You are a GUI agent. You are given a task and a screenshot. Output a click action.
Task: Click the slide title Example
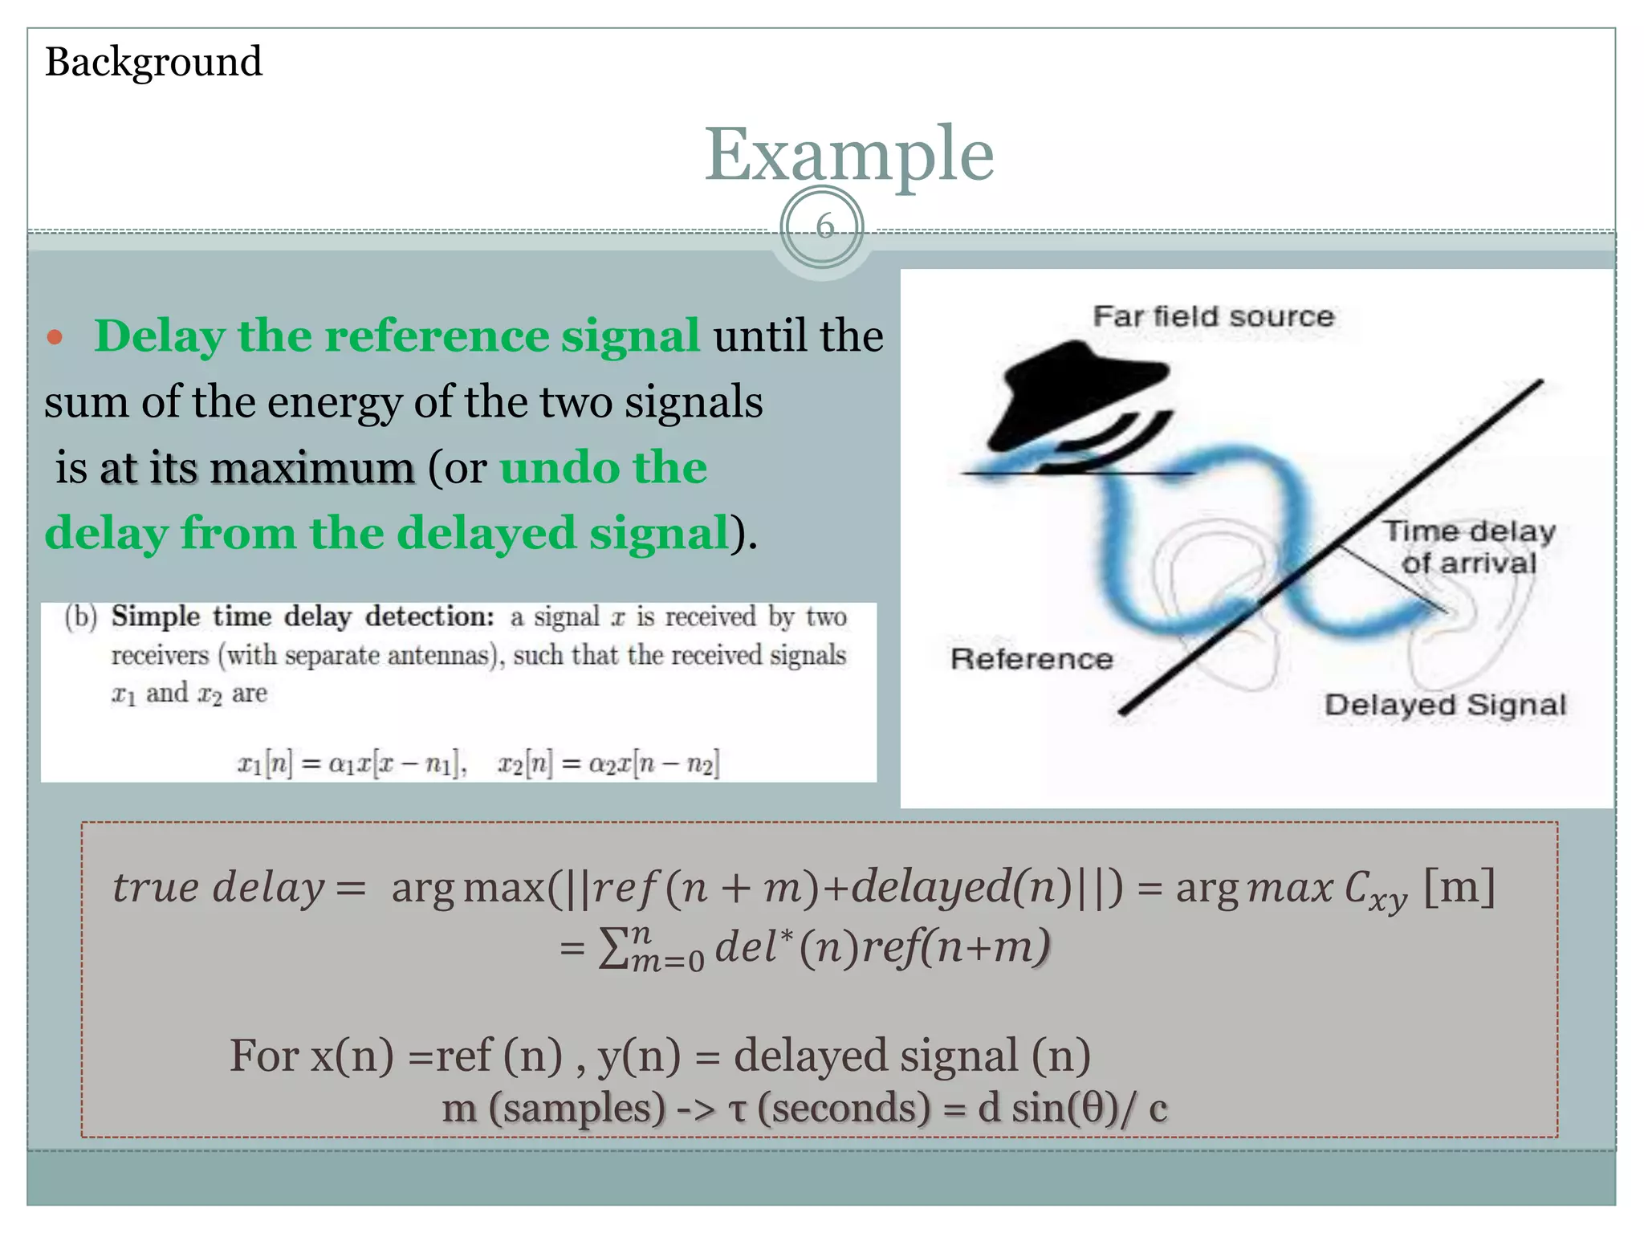pyautogui.click(x=848, y=154)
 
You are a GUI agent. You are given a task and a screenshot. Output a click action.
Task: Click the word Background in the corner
pyautogui.click(x=153, y=62)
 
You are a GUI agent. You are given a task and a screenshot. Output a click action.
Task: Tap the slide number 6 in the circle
pyautogui.click(x=824, y=227)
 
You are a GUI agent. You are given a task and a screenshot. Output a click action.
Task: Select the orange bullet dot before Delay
pyautogui.click(x=55, y=337)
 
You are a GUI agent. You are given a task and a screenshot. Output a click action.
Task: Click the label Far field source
pyautogui.click(x=1213, y=316)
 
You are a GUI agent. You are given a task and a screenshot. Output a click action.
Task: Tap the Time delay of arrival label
pyautogui.click(x=1469, y=547)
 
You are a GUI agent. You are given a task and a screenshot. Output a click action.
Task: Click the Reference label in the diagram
pyautogui.click(x=1032, y=659)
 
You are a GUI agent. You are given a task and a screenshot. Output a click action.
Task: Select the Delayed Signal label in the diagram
pyautogui.click(x=1445, y=705)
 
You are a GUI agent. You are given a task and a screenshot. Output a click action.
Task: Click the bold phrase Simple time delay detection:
pyautogui.click(x=303, y=616)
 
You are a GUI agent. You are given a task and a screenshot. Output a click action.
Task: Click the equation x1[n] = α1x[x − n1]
pyautogui.click(x=351, y=763)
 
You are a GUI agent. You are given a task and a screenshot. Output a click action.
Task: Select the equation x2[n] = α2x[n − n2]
pyautogui.click(x=608, y=763)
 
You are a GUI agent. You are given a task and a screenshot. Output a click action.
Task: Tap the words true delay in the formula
pyautogui.click(x=218, y=888)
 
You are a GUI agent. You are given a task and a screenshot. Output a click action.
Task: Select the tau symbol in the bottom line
pyautogui.click(x=737, y=1109)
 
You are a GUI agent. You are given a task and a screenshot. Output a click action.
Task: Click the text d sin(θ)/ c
pyautogui.click(x=1072, y=1109)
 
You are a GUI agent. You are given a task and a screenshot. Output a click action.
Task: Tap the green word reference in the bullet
pyautogui.click(x=393, y=336)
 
